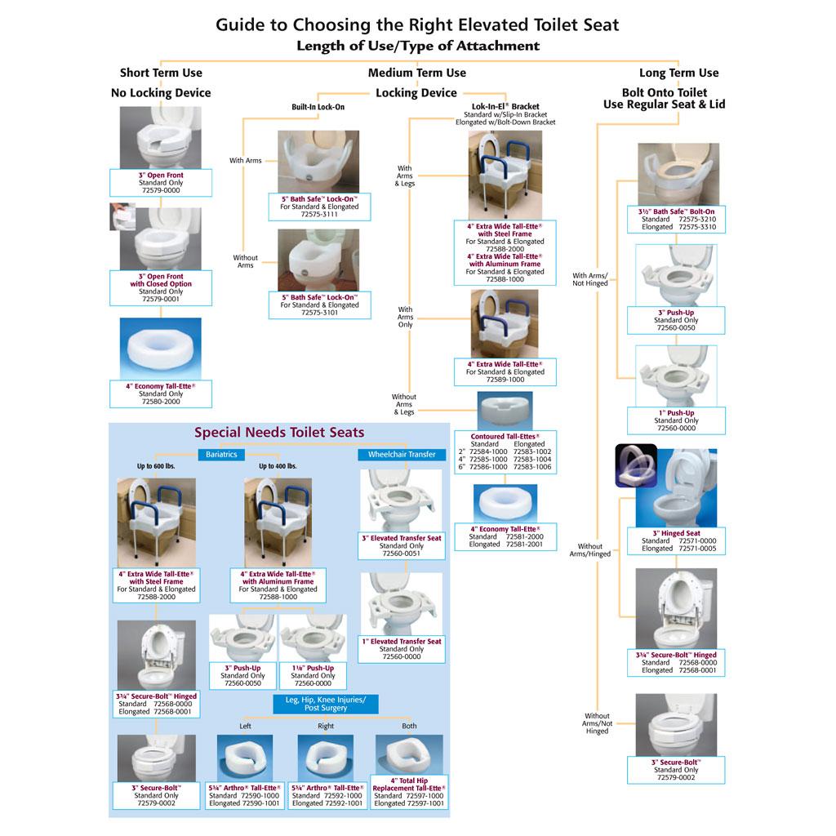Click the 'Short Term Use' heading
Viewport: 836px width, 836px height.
click(161, 73)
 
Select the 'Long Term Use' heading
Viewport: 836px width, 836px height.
click(678, 73)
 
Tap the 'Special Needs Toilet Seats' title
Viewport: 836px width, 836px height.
click(279, 433)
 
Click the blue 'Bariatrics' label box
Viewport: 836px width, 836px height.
click(221, 454)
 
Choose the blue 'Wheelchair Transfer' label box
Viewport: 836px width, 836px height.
click(402, 454)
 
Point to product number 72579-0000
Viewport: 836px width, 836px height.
click(161, 190)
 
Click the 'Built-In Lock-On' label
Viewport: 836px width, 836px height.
click(319, 107)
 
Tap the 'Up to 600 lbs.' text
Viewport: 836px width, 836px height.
click(155, 467)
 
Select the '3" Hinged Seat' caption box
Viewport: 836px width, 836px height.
click(675, 541)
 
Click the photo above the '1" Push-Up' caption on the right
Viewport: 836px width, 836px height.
click(676, 376)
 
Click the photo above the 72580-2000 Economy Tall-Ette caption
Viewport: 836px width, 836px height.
click(161, 348)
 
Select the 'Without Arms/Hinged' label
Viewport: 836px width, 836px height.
click(589, 550)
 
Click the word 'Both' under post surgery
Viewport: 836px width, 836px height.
click(409, 726)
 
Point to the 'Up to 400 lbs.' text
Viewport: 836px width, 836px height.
click(278, 467)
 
